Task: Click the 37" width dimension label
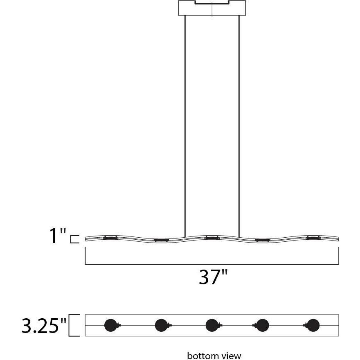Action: [213, 278]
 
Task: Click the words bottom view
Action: [214, 355]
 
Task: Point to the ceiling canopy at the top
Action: [212, 8]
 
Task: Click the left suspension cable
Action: [185, 123]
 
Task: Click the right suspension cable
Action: [239, 123]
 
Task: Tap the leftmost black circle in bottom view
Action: [110, 326]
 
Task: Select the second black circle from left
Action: [161, 326]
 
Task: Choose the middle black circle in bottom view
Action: [211, 326]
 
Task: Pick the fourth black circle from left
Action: [262, 326]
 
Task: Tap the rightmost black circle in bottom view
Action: [313, 326]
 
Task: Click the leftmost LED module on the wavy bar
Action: [110, 238]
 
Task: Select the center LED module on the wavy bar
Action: [212, 238]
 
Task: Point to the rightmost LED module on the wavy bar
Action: [313, 238]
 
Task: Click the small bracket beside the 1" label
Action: [74, 239]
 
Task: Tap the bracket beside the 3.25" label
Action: [74, 326]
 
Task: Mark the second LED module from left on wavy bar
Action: [161, 240]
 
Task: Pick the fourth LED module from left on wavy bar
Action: [262, 240]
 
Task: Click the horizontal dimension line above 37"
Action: [212, 264]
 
